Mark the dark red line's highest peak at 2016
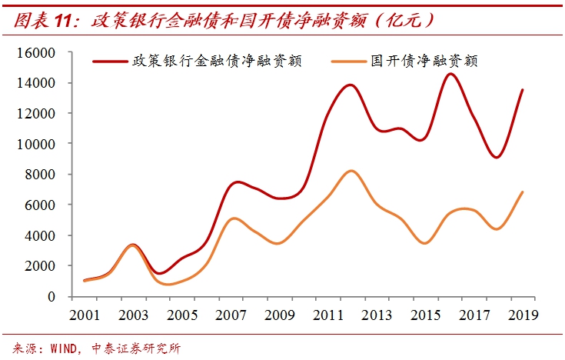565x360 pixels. point(450,74)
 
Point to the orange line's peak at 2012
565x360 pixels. point(351,171)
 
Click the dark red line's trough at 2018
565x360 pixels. point(497,158)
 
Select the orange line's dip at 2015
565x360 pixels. point(425,243)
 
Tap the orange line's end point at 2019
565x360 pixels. point(523,192)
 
